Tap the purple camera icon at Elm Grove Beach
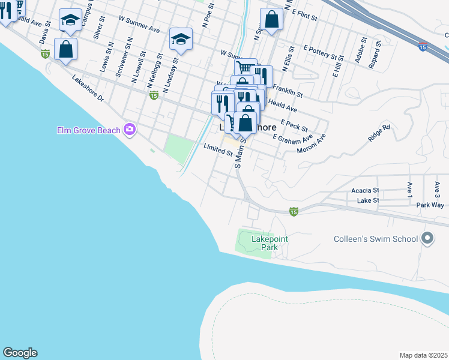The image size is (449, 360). point(129,129)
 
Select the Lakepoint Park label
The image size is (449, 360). point(270,243)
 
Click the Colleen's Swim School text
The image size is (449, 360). point(376,239)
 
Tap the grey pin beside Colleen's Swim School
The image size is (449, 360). point(427,239)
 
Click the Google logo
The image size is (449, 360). point(20,353)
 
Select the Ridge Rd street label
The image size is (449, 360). point(379,135)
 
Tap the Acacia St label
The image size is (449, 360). point(365,190)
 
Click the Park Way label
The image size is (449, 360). point(430,205)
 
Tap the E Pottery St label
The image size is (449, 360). point(322,52)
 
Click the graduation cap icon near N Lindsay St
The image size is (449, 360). point(181,39)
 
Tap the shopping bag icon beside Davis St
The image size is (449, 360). point(65,50)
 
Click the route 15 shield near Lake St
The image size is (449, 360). point(294,211)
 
